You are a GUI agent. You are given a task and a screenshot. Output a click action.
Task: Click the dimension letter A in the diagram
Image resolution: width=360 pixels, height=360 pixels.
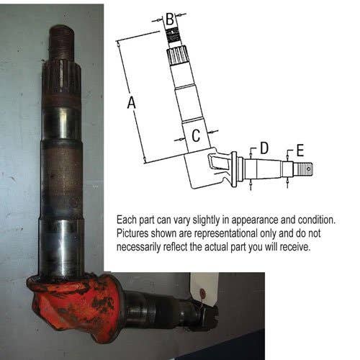(x=132, y=102)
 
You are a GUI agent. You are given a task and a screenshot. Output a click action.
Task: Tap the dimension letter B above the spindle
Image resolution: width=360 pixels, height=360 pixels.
(x=170, y=19)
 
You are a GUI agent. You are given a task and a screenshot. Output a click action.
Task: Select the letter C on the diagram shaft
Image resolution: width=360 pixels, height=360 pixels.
(x=196, y=135)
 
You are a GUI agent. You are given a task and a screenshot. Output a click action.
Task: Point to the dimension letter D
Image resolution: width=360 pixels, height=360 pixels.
(x=264, y=148)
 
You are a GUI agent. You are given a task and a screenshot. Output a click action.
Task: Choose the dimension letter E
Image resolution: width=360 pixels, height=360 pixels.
(x=300, y=150)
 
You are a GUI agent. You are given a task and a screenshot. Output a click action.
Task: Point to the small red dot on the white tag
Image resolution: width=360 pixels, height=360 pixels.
(x=203, y=293)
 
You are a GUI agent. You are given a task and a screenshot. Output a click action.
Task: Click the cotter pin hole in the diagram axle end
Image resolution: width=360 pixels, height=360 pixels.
(x=309, y=169)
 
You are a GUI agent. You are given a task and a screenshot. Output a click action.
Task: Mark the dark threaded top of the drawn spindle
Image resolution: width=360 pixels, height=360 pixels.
(x=173, y=35)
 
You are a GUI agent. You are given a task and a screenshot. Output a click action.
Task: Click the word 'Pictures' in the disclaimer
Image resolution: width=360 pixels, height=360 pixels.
(x=132, y=233)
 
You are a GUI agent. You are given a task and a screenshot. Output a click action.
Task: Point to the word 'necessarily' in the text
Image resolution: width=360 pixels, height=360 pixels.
(x=138, y=248)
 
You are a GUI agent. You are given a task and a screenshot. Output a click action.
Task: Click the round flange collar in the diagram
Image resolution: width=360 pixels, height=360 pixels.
(x=234, y=170)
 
